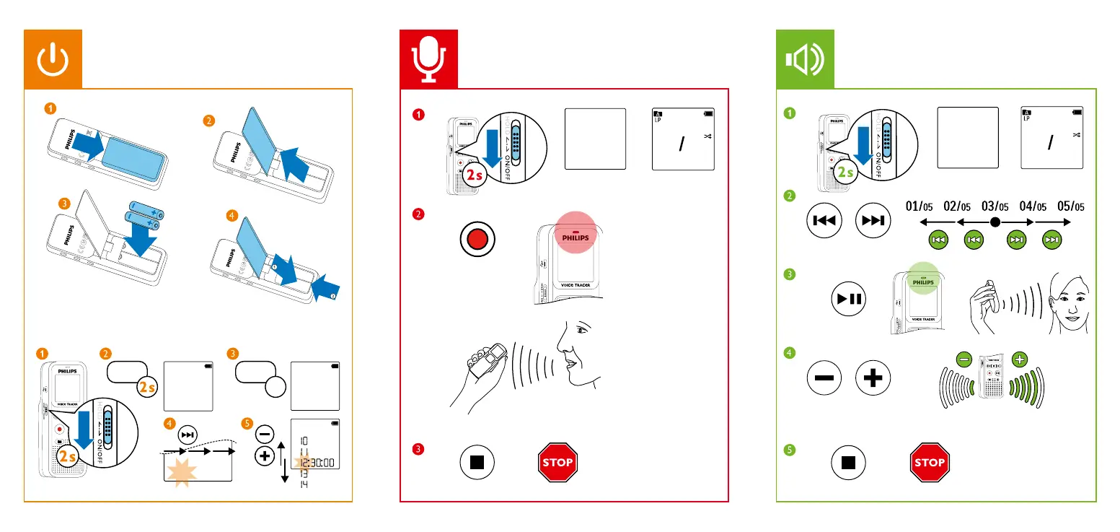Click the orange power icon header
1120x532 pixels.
click(x=53, y=59)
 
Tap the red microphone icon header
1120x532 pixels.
click(x=429, y=59)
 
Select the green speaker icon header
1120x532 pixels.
click(x=805, y=59)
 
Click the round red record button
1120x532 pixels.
click(x=477, y=239)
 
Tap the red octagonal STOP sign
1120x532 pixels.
click(x=556, y=462)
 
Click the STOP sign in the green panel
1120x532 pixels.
click(x=930, y=462)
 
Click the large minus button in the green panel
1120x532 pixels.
click(x=824, y=378)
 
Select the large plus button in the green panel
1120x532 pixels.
click(x=873, y=378)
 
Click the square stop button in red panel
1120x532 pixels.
click(x=477, y=462)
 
